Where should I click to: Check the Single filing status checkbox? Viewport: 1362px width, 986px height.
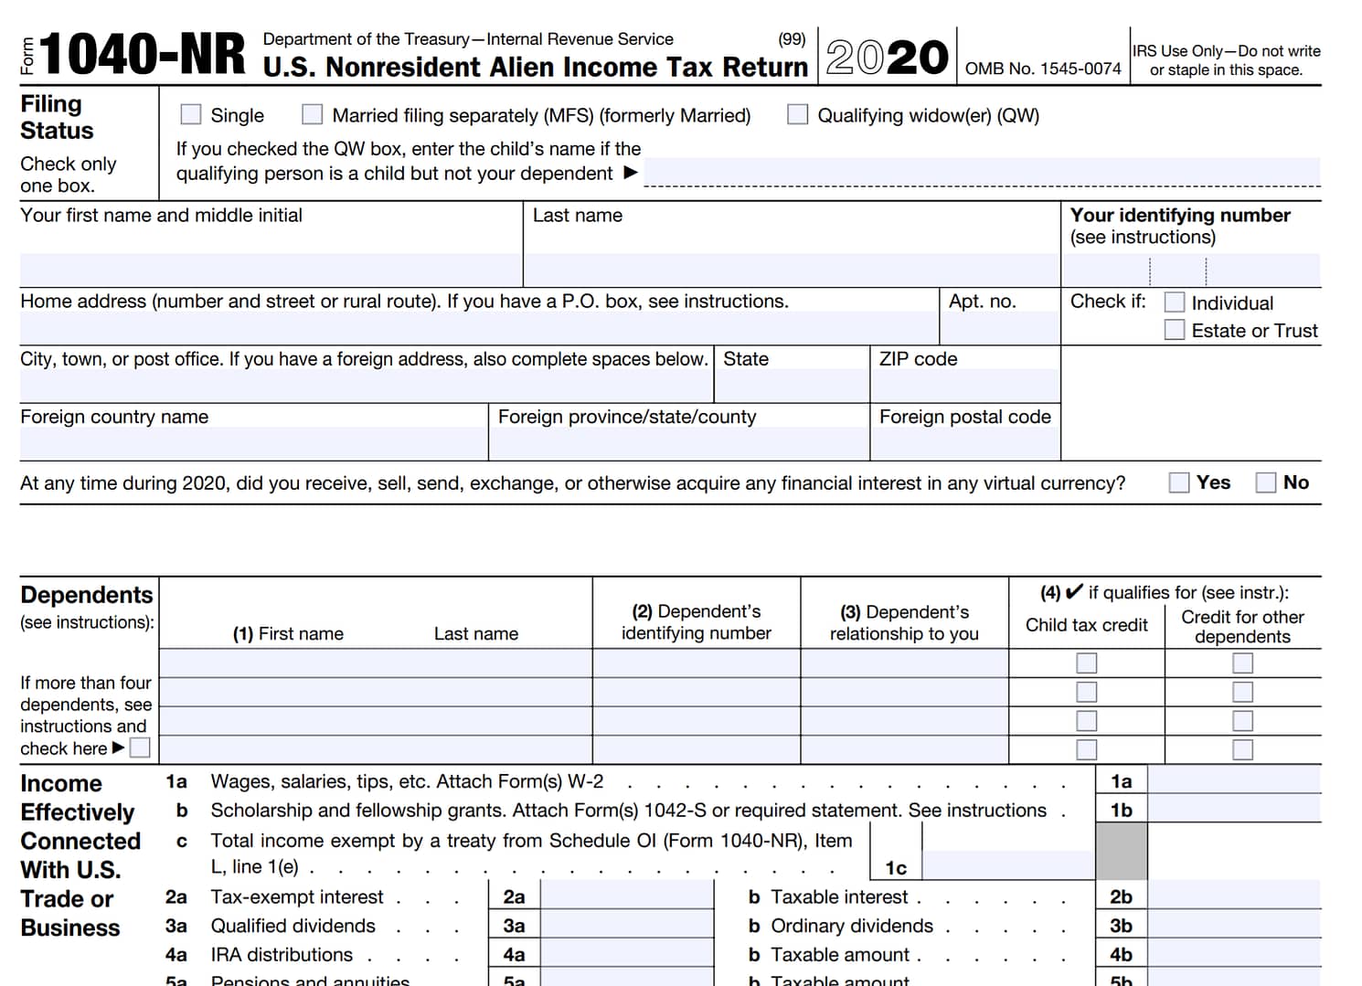(x=190, y=114)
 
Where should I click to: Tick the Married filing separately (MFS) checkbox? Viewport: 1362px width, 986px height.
(x=313, y=114)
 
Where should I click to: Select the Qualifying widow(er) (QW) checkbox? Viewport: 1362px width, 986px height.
(x=798, y=114)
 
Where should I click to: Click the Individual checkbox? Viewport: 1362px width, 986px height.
(x=1175, y=302)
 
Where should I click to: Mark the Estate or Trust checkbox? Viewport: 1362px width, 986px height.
(x=1175, y=330)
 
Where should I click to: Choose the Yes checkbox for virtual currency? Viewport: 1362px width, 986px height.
(x=1179, y=482)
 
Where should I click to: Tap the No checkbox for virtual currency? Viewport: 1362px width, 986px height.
(x=1266, y=482)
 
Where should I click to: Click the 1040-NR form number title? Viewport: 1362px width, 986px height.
(x=143, y=55)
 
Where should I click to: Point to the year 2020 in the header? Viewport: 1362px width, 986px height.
(x=887, y=57)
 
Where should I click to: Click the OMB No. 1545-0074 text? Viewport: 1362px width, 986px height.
(x=1043, y=69)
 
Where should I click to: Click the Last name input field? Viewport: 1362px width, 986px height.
(x=791, y=270)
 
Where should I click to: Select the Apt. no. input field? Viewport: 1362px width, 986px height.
(x=1000, y=328)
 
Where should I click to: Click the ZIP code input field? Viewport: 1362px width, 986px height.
(x=965, y=386)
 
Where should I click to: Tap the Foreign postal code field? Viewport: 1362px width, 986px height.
(x=965, y=443)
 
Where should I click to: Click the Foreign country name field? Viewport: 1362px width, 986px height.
(x=253, y=443)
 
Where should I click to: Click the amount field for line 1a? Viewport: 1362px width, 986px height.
(x=1233, y=780)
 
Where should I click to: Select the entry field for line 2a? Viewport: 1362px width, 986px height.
(x=626, y=896)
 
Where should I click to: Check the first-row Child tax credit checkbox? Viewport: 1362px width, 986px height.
(x=1087, y=663)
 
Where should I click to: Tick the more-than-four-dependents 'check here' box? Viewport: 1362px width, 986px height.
(x=140, y=748)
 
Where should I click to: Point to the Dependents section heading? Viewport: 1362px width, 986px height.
(x=87, y=595)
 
